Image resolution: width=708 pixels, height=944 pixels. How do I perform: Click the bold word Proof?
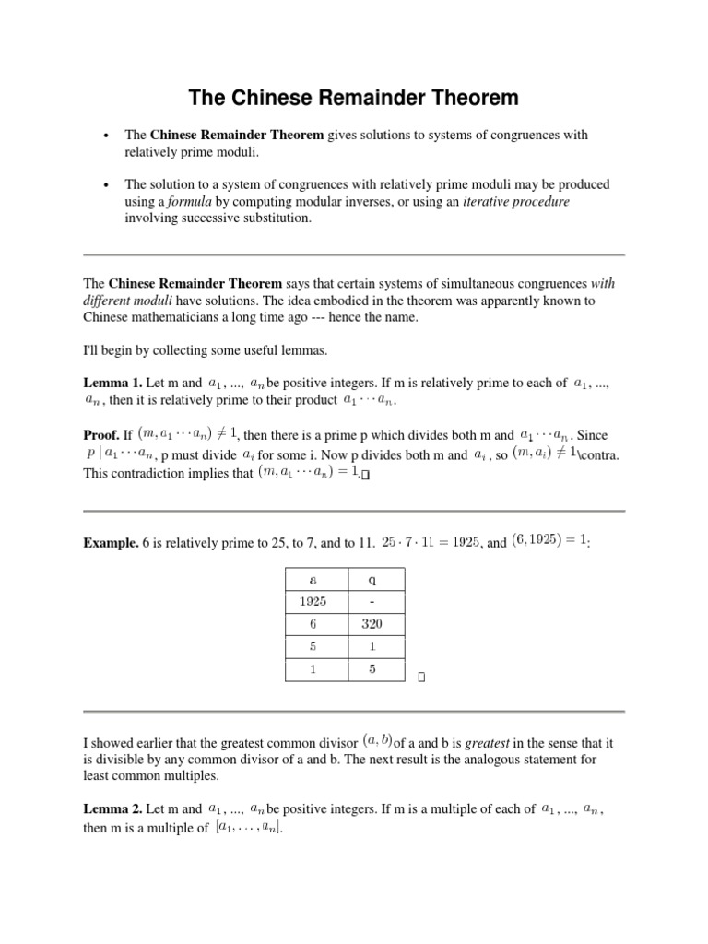point(106,434)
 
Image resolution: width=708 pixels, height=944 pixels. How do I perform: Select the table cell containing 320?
point(372,623)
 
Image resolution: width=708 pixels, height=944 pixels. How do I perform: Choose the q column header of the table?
point(372,579)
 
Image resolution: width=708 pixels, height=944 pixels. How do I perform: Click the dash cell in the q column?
point(372,601)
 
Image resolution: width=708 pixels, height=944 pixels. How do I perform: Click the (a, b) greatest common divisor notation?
point(375,740)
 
